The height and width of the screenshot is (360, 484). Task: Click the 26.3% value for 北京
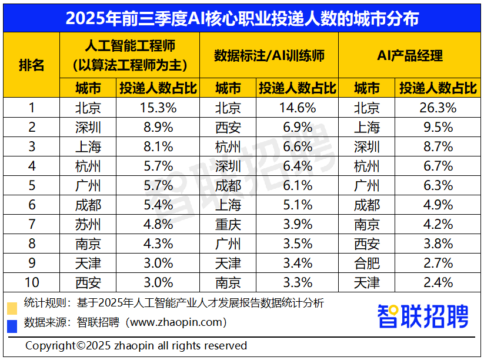435,108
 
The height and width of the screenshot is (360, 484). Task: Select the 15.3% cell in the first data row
158,108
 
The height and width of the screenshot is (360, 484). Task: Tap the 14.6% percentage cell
297,108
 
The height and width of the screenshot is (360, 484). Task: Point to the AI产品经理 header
409,56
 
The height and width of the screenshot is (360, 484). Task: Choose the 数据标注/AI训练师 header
269,56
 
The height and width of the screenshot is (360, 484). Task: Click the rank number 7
32,224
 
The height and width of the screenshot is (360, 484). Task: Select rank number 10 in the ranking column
32,282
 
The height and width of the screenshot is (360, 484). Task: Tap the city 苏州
88,224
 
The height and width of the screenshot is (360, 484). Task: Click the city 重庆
228,224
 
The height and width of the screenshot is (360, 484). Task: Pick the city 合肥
367,263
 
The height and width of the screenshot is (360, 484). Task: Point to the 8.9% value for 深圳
158,127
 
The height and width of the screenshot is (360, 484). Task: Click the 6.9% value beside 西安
297,127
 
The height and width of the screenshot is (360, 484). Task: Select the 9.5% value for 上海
435,127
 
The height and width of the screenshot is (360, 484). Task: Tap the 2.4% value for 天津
435,282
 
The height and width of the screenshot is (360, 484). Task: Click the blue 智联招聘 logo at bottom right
423,316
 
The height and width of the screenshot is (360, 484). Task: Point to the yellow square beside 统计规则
12,308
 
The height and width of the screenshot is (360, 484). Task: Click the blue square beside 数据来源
12,325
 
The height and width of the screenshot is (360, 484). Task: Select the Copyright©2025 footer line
136,345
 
